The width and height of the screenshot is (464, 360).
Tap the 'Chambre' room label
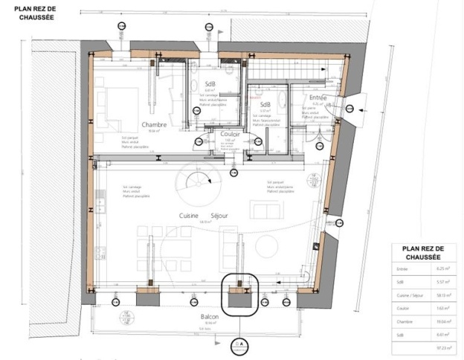[152, 125]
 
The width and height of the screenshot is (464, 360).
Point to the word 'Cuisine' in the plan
[188, 216]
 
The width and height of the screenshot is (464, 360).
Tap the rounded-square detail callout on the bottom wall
[239, 293]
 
